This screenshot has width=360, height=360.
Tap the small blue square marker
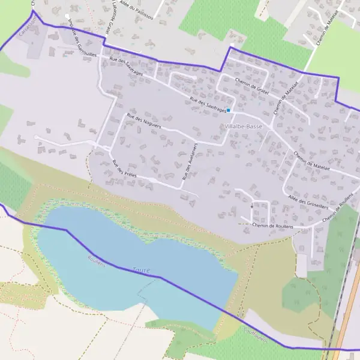click(229, 110)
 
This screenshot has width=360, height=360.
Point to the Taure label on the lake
click(142, 271)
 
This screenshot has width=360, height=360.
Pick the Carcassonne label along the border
click(29, 26)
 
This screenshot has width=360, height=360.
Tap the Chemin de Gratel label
click(251, 88)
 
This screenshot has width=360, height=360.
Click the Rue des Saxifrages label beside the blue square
click(208, 106)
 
